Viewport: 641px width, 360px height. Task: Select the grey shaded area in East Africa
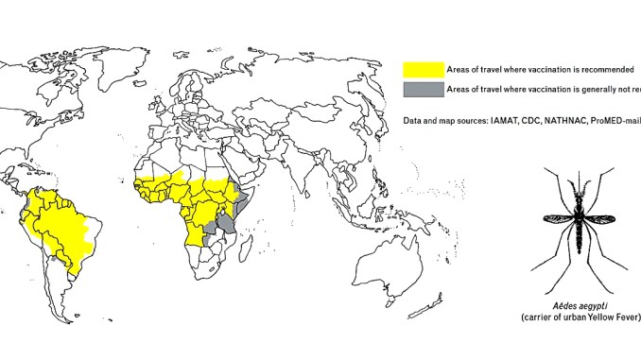click(x=226, y=223)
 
